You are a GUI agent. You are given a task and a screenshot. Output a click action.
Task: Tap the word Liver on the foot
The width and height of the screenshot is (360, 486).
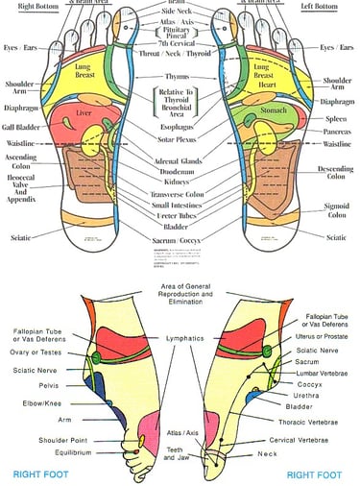[x=83, y=114]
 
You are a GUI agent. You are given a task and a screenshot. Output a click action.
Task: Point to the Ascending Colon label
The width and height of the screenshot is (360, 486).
[x=20, y=162]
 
